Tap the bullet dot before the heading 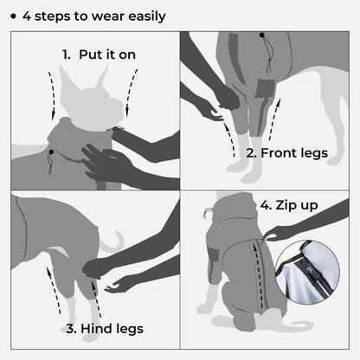coord(13,16)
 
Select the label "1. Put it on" coord(98,55)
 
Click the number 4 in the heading coord(28,16)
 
